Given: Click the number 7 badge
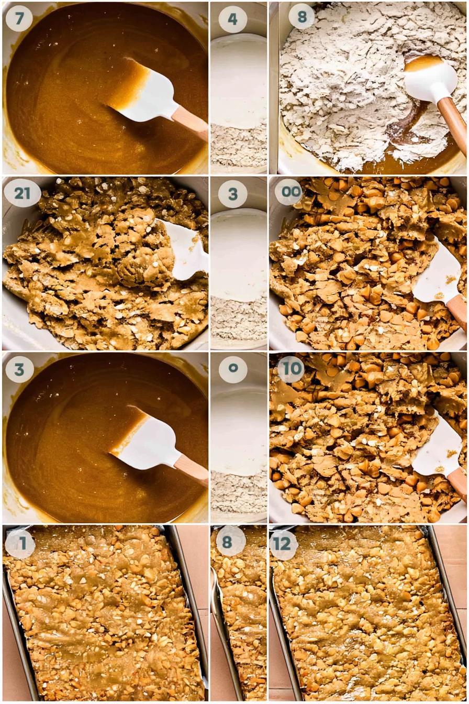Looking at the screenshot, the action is point(19,18).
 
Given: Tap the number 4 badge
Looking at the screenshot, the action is point(232,19).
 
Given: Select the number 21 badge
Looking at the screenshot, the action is point(23,193).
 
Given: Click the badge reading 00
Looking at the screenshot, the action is point(290,192).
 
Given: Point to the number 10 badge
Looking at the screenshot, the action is point(292,368).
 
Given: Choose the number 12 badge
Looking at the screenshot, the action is point(282,543).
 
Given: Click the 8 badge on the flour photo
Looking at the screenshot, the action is point(302,17).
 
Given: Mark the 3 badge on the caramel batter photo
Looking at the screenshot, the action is point(19,369).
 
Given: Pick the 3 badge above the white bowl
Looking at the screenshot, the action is point(233,194).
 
